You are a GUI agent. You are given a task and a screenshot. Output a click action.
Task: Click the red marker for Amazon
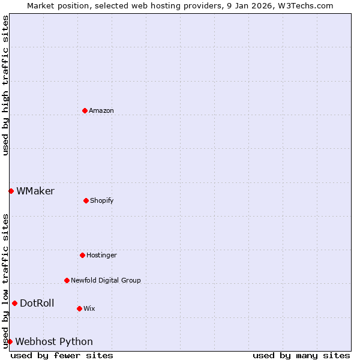(85, 110)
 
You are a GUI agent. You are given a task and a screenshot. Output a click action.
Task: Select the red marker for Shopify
(86, 200)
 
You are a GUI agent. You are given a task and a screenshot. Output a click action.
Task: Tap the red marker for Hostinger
(82, 255)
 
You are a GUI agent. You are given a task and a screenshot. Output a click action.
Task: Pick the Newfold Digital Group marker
(67, 280)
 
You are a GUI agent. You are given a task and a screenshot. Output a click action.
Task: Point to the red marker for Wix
(79, 308)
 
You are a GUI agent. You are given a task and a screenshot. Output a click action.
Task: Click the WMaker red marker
(11, 191)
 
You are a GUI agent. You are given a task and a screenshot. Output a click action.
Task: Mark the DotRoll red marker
(14, 303)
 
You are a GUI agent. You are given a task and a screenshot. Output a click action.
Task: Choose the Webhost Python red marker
(10, 341)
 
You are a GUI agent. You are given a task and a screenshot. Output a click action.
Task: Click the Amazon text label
(101, 110)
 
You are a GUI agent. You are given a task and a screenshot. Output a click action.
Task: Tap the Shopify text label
(102, 200)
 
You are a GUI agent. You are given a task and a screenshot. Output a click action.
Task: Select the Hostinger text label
(101, 255)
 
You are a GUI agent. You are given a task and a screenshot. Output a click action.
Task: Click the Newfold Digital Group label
(106, 280)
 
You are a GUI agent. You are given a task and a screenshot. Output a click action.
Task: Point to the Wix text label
(89, 308)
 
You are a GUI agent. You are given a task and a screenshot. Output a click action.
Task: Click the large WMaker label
(35, 191)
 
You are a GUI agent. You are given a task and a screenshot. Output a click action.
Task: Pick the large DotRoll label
(37, 303)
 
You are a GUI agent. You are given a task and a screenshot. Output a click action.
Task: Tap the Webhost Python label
(54, 341)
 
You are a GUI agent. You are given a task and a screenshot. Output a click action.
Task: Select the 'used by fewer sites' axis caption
(62, 355)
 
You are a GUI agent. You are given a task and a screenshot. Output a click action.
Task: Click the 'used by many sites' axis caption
(301, 355)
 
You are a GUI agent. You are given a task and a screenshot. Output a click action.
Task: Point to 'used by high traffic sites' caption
(5, 85)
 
